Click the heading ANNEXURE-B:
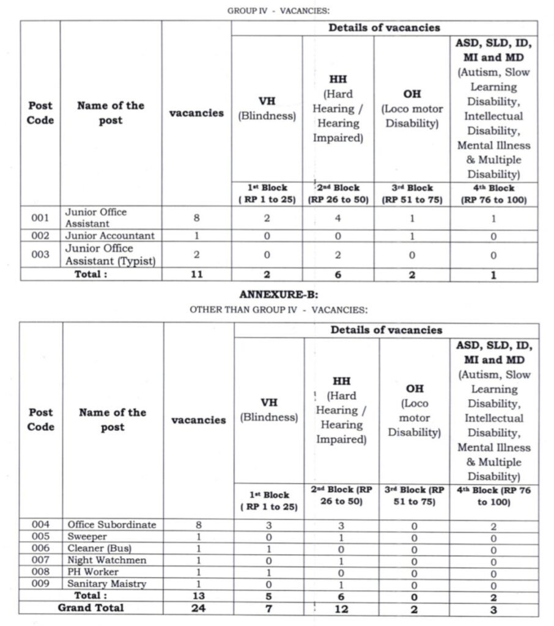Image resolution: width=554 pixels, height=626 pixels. click(x=278, y=295)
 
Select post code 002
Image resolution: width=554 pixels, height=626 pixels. click(x=40, y=236)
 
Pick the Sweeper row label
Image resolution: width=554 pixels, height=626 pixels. click(x=87, y=537)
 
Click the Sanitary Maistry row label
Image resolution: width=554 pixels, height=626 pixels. click(x=106, y=584)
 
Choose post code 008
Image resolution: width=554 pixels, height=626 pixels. click(x=41, y=572)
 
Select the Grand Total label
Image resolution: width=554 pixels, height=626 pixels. click(x=90, y=608)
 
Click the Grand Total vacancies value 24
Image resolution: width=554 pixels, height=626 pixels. click(x=198, y=609)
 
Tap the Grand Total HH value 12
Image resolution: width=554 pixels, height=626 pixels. click(x=342, y=609)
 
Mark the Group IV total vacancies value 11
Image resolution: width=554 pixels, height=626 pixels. click(x=197, y=275)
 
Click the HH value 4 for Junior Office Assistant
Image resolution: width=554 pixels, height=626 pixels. click(x=338, y=218)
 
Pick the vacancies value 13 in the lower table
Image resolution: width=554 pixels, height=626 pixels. click(x=198, y=596)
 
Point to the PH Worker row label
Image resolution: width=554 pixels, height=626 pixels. click(x=93, y=572)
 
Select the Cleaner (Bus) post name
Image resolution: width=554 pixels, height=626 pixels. click(x=99, y=548)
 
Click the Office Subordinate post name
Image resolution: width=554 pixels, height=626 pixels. click(x=111, y=525)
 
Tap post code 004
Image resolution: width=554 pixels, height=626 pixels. click(x=41, y=525)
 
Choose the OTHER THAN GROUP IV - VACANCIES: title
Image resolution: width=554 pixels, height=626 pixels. click(x=278, y=310)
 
